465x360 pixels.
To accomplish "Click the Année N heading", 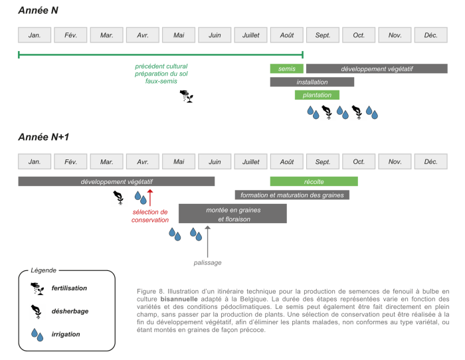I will [x=41, y=11].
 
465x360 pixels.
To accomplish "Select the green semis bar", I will [x=286, y=68].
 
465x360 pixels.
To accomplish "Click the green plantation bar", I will [x=317, y=95].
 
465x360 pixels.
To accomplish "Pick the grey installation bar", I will [x=312, y=82].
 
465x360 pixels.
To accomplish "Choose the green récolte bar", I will [x=314, y=181].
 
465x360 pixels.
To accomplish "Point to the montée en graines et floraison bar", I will [x=232, y=213].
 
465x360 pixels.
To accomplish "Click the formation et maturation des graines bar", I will [x=292, y=195].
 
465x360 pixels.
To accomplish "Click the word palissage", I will [x=208, y=262].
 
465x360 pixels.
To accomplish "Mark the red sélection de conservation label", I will [x=150, y=216].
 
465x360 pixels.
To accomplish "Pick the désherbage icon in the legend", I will [x=37, y=311].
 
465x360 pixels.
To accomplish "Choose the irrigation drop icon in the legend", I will [x=37, y=333].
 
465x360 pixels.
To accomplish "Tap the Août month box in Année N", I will [x=286, y=35].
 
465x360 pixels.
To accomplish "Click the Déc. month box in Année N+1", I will [x=430, y=161].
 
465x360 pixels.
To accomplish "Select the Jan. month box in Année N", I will [x=35, y=35].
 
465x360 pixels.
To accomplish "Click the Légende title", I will [x=44, y=271].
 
